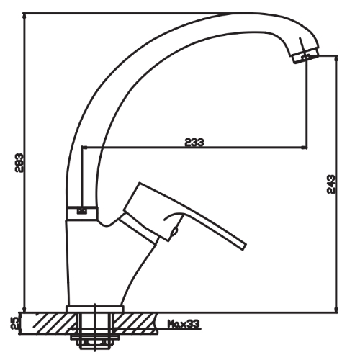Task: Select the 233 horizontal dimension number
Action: (x=194, y=143)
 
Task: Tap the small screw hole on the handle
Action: (x=173, y=232)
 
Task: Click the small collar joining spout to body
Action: (x=82, y=211)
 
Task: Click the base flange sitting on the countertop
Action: (x=94, y=310)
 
